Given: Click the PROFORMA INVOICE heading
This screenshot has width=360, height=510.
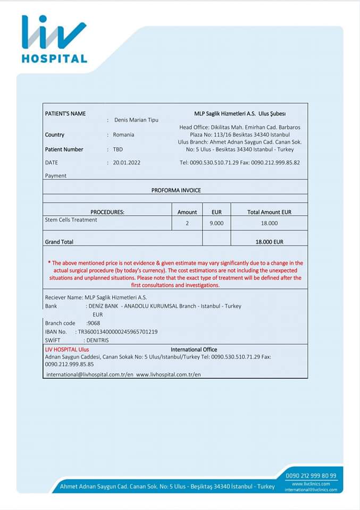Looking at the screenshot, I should tap(176, 190).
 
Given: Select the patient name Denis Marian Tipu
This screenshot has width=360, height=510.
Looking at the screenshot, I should tap(136, 120).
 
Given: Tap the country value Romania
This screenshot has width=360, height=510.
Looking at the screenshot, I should tap(123, 135).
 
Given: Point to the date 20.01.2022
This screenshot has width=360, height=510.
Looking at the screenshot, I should tap(127, 163).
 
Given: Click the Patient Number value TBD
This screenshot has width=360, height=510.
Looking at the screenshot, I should tap(118, 150).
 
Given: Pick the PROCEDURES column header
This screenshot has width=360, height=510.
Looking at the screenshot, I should tap(107, 212).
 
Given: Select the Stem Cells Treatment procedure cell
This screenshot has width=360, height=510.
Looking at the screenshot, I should tap(71, 220).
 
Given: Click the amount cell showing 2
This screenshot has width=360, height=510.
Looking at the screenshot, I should tap(187, 224).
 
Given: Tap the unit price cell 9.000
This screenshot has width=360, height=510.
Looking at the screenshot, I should tap(216, 224).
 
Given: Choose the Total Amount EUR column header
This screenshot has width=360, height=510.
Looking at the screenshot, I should tap(269, 212).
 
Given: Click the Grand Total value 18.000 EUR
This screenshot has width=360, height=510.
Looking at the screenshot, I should tap(269, 242).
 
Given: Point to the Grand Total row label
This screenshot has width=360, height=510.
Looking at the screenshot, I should tap(59, 242).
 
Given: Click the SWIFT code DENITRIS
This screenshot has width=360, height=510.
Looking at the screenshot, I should tap(97, 340).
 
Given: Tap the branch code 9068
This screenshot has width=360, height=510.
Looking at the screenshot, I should tap(94, 323).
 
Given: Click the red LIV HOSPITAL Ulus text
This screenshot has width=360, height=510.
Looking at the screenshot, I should tap(67, 350).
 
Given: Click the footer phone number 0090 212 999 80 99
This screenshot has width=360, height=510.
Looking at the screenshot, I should tap(311, 475).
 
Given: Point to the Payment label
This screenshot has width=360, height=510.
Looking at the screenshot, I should tap(56, 176).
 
